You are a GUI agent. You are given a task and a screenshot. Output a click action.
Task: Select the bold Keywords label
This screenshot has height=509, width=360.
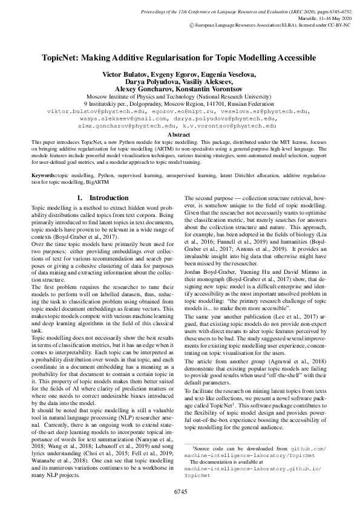click(x=46, y=174)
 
